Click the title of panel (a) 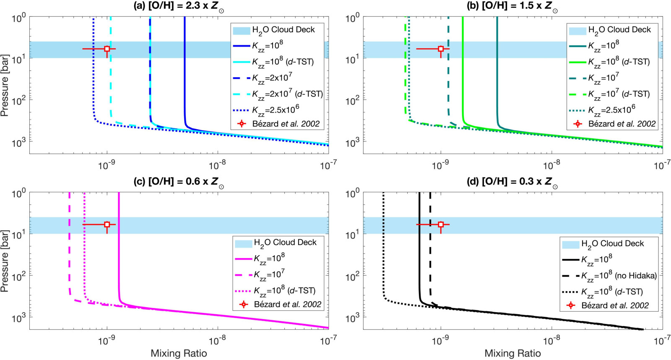(179, 7)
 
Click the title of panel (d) (512, 182)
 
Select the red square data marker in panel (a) (107, 49)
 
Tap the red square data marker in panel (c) (107, 224)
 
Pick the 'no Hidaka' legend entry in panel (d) (610, 275)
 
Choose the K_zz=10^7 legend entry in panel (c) (260, 274)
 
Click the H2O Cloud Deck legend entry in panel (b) (610, 30)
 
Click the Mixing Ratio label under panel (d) (512, 353)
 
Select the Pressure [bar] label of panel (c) (5, 261)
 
